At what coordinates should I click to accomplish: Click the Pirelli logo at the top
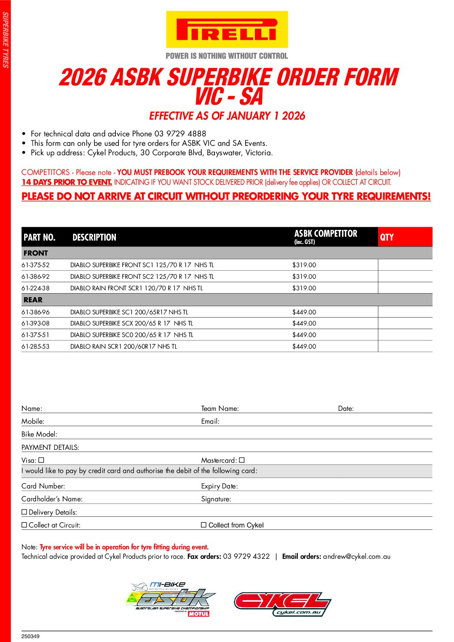tap(227, 30)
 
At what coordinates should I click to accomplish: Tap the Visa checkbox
tap(42, 460)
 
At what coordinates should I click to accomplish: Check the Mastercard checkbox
tap(242, 460)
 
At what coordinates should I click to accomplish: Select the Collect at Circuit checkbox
tap(24, 525)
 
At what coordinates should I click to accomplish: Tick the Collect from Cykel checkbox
tap(204, 525)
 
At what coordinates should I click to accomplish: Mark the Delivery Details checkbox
tap(24, 512)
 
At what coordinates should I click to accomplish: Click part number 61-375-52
tap(36, 265)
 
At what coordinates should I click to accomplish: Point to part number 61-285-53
tap(36, 347)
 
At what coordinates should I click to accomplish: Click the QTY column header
tap(387, 237)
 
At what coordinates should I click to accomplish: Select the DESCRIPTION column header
tap(94, 237)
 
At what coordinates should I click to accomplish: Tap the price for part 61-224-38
tap(304, 288)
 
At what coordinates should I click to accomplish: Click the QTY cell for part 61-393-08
tap(405, 323)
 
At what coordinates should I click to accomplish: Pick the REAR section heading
tap(33, 300)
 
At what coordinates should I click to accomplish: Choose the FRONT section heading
tap(36, 253)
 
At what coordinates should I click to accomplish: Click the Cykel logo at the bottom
tap(282, 604)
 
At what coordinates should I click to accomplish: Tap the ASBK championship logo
tap(171, 600)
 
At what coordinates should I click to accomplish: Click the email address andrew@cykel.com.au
tap(357, 557)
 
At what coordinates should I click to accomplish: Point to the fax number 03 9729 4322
tap(246, 557)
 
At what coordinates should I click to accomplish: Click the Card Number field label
tap(43, 486)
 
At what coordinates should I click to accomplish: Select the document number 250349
tap(30, 636)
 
